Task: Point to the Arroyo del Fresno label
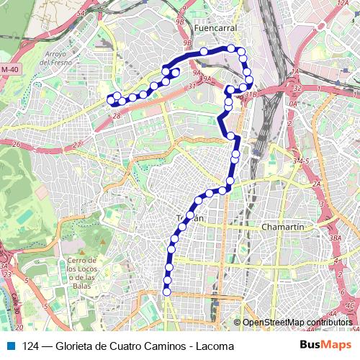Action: click(55, 58)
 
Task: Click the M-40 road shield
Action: click(9, 69)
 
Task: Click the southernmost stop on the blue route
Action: click(167, 292)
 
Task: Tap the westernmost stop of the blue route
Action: click(110, 99)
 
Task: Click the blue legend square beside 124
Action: click(9, 346)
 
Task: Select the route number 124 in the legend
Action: click(31, 346)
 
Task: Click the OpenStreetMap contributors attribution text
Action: click(297, 323)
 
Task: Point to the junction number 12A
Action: click(343, 4)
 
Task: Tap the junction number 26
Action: click(15, 143)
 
